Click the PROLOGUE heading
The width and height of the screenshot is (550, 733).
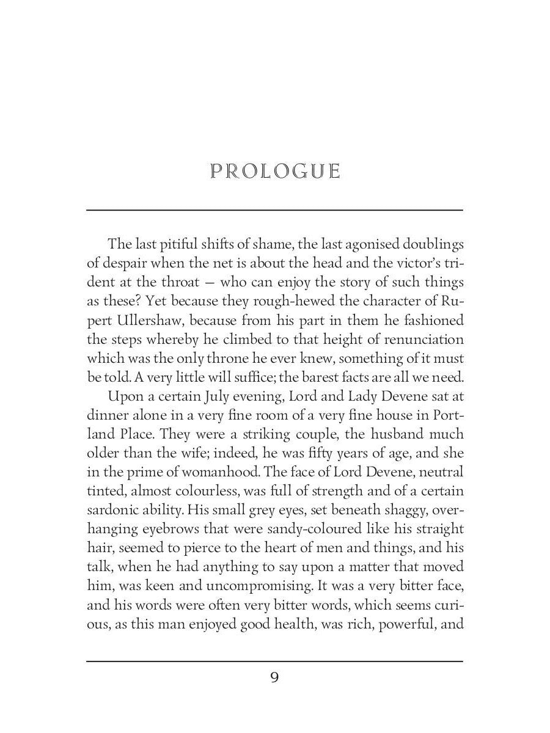pos(274,171)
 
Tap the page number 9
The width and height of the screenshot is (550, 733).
pos(274,678)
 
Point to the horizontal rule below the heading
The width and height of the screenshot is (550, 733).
pos(274,210)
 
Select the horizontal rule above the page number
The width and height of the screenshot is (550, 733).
pos(274,661)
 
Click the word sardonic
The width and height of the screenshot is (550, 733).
pos(114,511)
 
